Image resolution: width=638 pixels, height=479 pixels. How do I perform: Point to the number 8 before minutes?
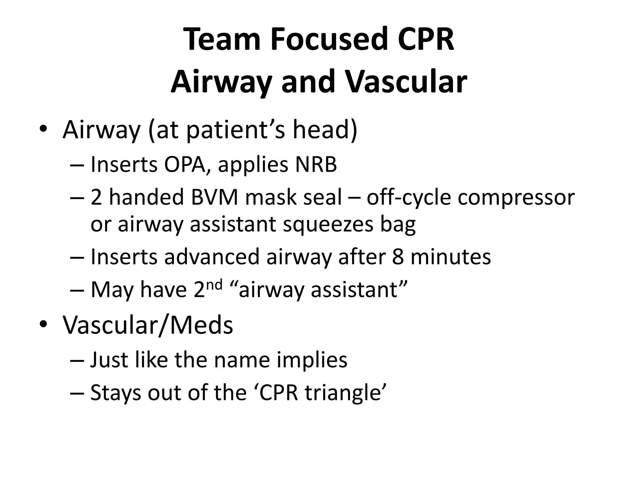tap(398, 257)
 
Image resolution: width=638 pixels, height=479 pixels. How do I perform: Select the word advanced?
tap(212, 257)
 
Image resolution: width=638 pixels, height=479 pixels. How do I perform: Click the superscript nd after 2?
tap(214, 284)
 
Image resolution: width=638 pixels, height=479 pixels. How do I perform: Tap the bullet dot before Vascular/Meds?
tap(43, 324)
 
